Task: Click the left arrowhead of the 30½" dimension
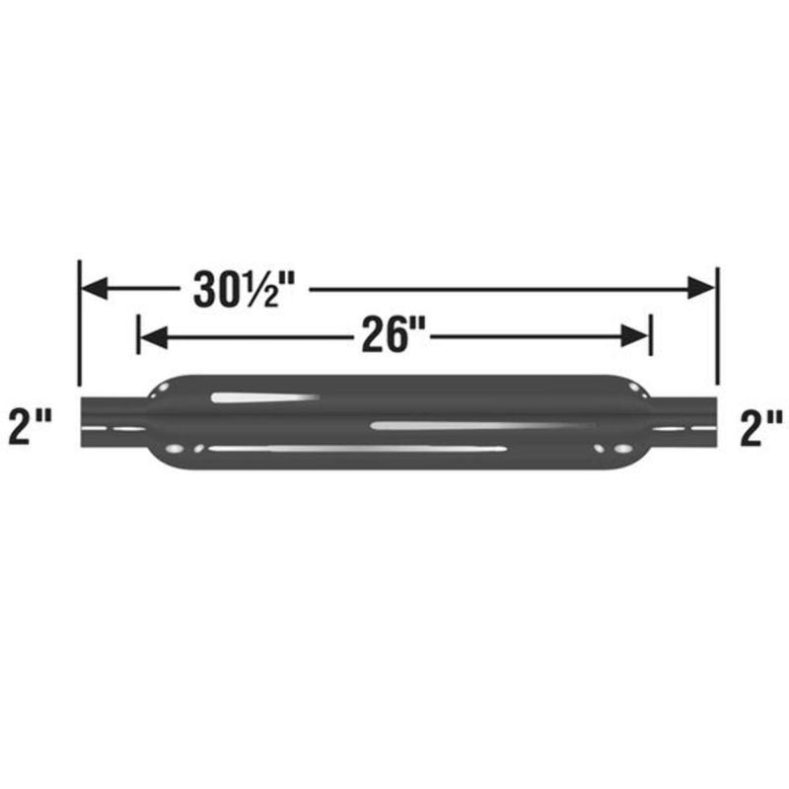click(x=94, y=288)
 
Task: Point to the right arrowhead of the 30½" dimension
click(x=702, y=288)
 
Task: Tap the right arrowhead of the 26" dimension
click(x=636, y=337)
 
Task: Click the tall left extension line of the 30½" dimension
click(x=79, y=325)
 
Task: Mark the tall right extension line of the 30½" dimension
click(x=717, y=325)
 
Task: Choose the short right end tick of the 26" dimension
click(x=650, y=335)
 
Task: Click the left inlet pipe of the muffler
click(x=111, y=422)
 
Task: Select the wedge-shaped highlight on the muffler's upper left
click(x=261, y=397)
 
